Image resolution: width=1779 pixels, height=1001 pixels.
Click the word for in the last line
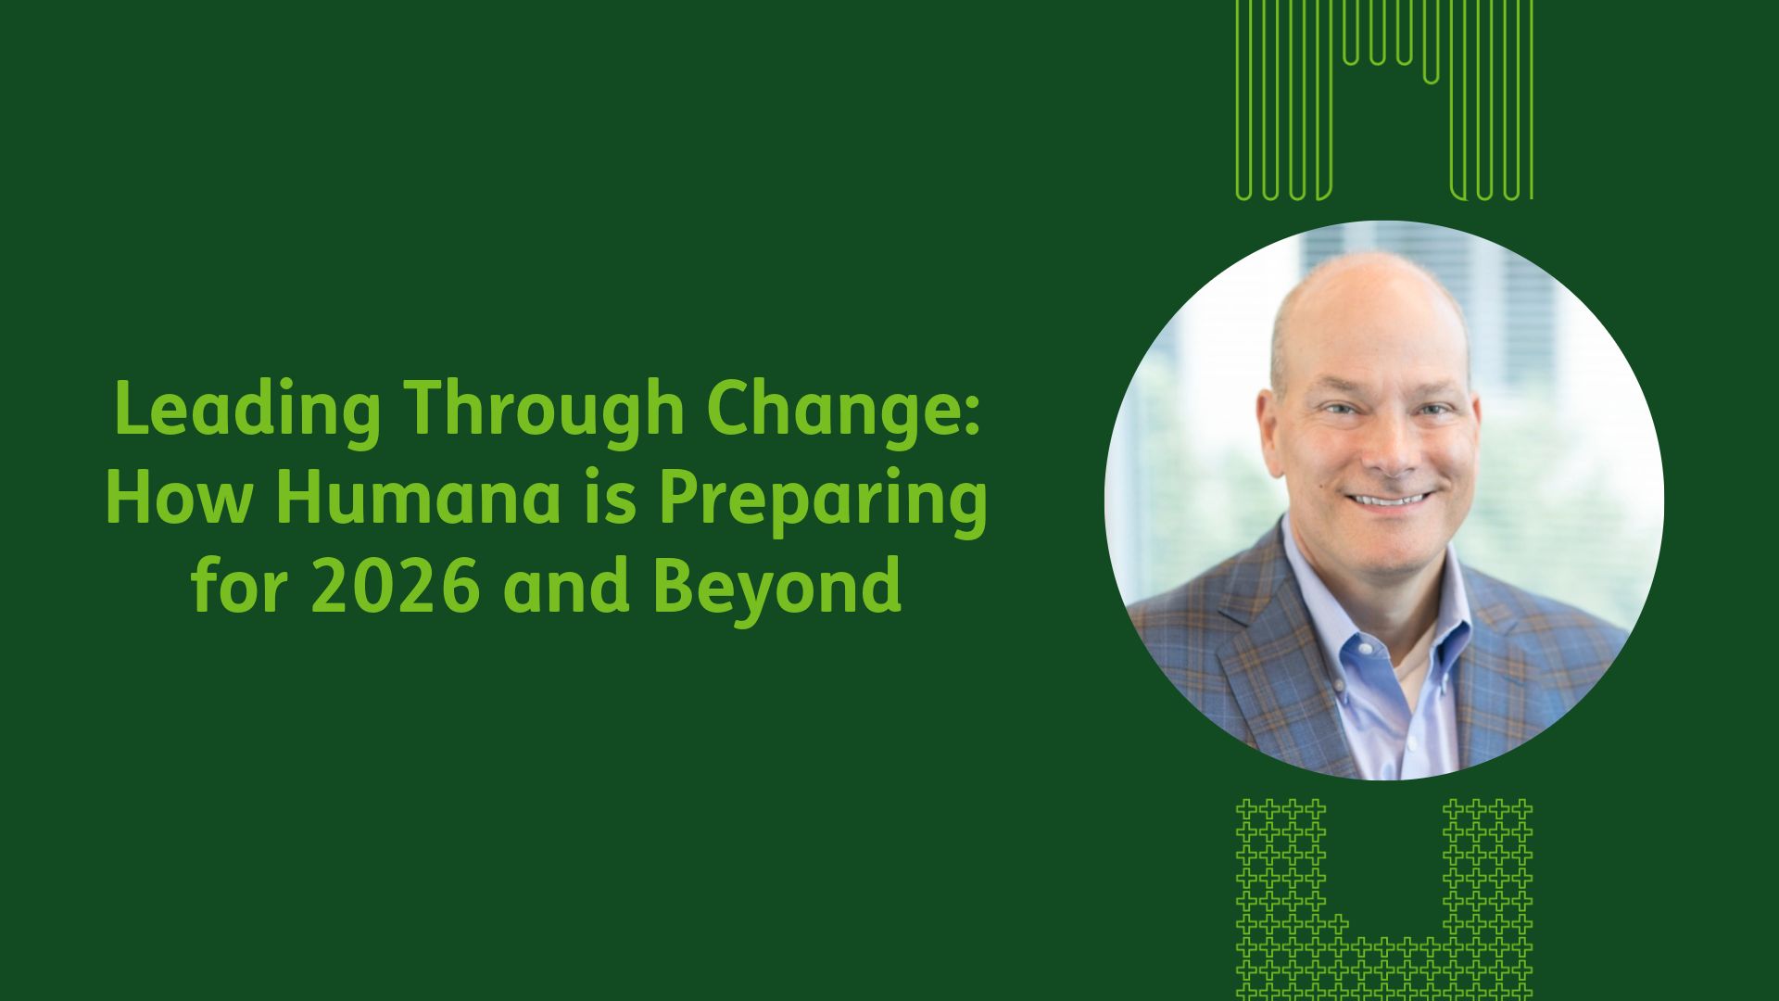tap(238, 586)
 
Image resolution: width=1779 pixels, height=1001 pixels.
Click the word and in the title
tap(566, 586)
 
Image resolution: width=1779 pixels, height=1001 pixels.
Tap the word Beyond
tap(776, 588)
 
